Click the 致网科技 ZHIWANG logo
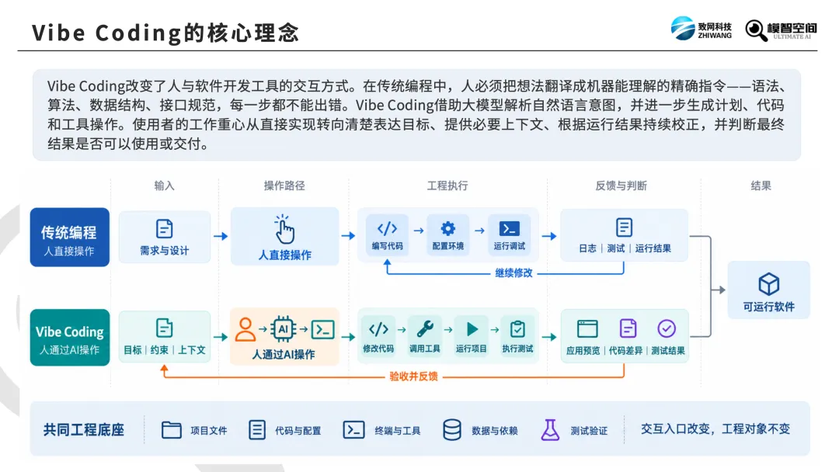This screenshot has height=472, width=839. click(x=701, y=28)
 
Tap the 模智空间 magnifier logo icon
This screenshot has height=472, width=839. click(x=756, y=30)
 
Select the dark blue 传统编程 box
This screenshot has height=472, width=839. click(x=70, y=237)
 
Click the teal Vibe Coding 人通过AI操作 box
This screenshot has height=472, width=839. click(x=70, y=337)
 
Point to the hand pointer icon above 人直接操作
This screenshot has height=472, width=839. click(x=284, y=229)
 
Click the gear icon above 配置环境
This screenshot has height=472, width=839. click(x=448, y=229)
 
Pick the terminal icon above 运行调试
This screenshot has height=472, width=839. click(x=509, y=229)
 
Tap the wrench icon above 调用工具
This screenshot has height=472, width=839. click(x=425, y=328)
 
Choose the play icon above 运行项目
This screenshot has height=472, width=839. click(x=472, y=328)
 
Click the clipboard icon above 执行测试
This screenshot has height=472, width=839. click(x=517, y=328)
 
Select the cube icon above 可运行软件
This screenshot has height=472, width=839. click(x=769, y=284)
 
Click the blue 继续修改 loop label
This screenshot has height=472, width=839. click(x=513, y=273)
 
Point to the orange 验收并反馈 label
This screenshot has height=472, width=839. click(x=413, y=377)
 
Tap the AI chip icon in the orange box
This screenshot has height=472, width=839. click(x=283, y=328)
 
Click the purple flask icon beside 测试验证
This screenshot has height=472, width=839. click(x=550, y=430)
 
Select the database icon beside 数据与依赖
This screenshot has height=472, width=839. click(x=452, y=430)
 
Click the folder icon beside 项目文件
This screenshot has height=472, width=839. click(x=171, y=430)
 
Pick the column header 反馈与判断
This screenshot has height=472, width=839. click(x=621, y=186)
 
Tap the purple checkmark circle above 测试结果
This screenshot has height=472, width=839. click(x=667, y=328)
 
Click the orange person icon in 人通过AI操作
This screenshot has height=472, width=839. click(x=245, y=329)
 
